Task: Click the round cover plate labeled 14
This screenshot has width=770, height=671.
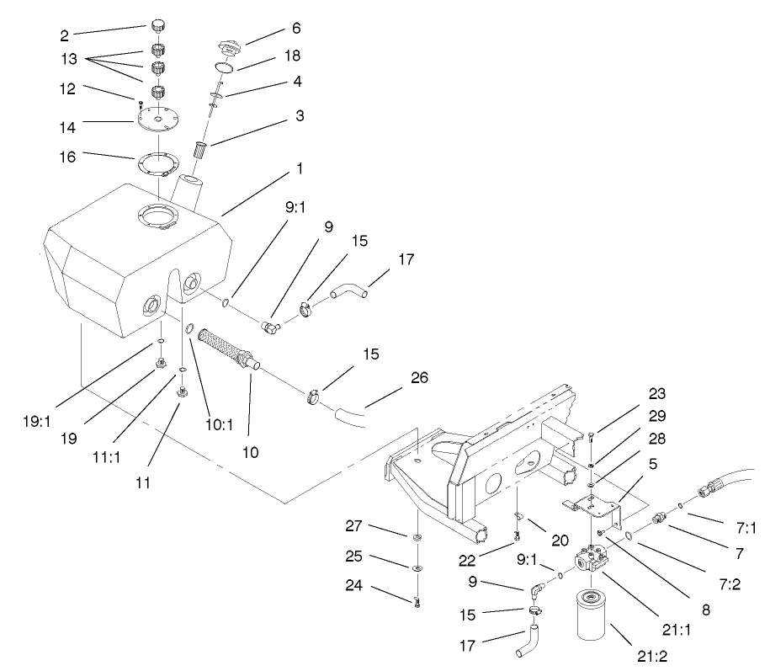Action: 157,119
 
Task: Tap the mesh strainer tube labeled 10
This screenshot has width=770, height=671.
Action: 226,349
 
